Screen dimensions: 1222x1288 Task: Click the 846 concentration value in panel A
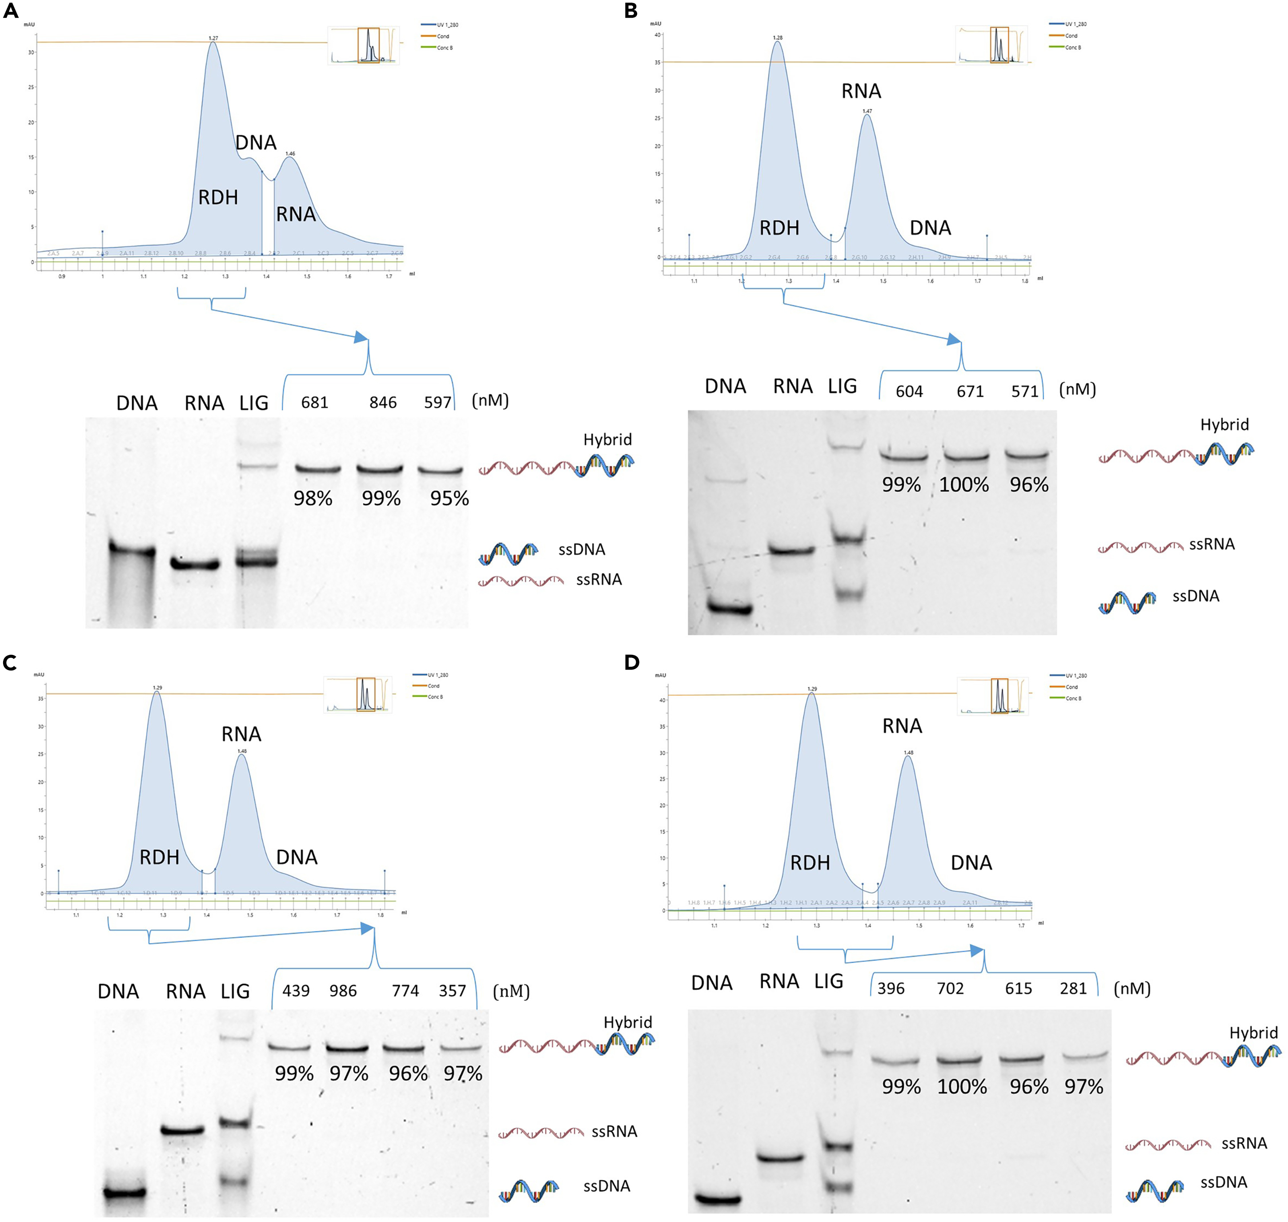[x=383, y=403]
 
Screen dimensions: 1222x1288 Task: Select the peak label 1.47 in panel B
[x=867, y=111]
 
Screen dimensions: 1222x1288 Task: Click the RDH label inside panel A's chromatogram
[x=218, y=198]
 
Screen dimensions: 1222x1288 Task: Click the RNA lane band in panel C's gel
[x=183, y=1130]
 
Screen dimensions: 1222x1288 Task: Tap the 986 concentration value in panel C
[x=343, y=991]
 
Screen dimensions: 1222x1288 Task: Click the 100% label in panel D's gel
[x=962, y=1086]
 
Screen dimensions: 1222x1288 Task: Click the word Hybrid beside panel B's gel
[x=1224, y=425]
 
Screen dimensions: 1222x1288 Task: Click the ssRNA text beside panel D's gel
[x=1244, y=1143]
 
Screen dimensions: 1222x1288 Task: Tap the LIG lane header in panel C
[x=235, y=992]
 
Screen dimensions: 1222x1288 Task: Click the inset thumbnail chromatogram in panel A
[x=363, y=45]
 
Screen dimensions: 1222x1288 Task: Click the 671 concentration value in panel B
[x=970, y=391]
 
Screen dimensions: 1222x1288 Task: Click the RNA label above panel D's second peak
[x=902, y=726]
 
